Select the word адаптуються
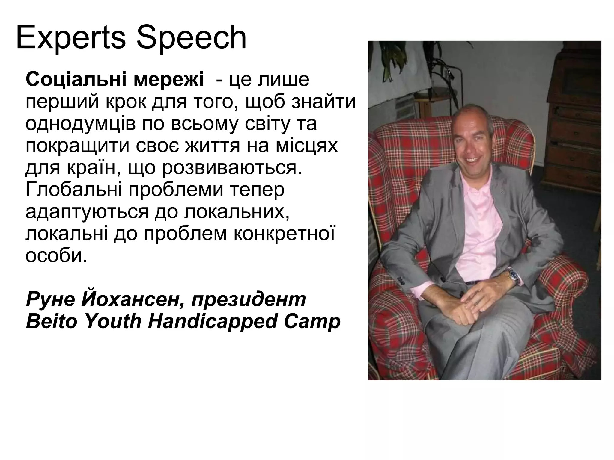[x=87, y=212]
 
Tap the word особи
[x=56, y=256]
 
